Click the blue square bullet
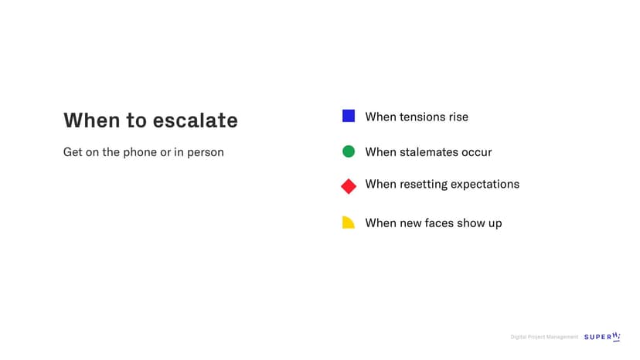(x=348, y=116)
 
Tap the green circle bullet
(x=348, y=151)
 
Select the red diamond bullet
(x=349, y=186)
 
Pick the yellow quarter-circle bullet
(x=348, y=222)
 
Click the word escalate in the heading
(x=195, y=121)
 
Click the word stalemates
(x=428, y=152)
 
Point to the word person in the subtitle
(x=206, y=153)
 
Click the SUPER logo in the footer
(x=602, y=337)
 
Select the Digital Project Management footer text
(x=544, y=337)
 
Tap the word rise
(x=458, y=117)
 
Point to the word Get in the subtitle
(x=73, y=152)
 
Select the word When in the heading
(x=92, y=121)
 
